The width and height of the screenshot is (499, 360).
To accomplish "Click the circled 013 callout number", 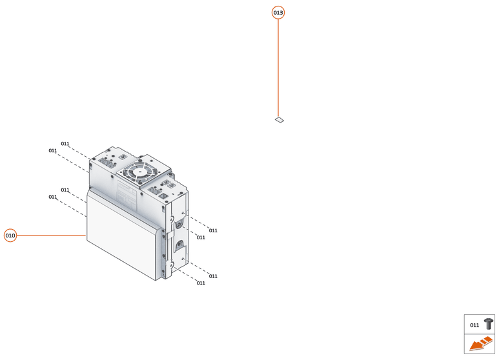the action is [278, 13].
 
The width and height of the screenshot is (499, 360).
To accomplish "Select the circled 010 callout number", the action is [10, 235].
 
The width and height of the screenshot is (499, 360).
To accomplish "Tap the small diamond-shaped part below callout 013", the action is [280, 120].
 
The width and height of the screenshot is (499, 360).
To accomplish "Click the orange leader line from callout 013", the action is [278, 68].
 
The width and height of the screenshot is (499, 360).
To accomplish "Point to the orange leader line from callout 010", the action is [51, 235].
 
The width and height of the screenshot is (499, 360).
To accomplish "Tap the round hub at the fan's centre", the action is [139, 172].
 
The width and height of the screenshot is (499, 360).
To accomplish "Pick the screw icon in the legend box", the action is [489, 324].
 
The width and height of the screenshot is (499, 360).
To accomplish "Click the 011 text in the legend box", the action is [474, 325].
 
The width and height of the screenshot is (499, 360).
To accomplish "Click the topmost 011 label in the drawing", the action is [65, 144].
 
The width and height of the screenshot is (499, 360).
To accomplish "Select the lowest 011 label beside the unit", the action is [201, 283].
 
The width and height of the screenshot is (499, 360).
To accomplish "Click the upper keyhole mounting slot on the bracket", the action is [179, 225].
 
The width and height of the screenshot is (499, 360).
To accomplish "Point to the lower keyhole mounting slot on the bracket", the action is [179, 245].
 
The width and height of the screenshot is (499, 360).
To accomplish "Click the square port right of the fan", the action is [163, 196].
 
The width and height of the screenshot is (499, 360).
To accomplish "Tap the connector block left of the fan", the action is [107, 163].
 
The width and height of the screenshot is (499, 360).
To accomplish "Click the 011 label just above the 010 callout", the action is [53, 197].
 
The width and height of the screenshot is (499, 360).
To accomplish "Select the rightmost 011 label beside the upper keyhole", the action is [213, 230].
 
